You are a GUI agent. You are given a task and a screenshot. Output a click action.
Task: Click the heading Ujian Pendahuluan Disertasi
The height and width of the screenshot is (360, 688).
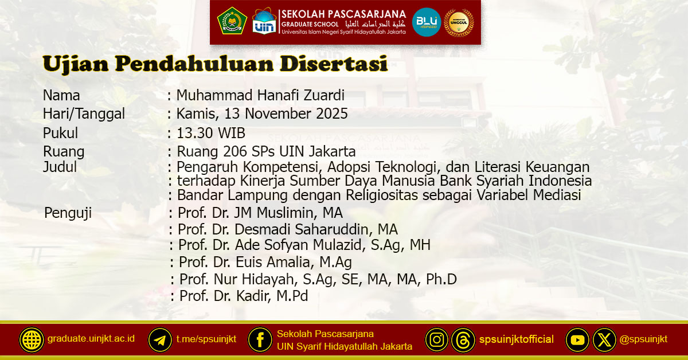215,64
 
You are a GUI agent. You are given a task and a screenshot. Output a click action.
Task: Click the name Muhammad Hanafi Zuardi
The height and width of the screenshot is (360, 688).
261,96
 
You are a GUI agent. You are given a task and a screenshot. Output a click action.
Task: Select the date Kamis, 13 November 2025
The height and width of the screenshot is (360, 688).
262,114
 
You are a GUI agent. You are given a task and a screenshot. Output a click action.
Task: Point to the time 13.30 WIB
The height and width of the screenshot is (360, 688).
211,133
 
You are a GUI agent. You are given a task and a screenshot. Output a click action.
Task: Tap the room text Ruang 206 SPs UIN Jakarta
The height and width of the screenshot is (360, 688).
266,152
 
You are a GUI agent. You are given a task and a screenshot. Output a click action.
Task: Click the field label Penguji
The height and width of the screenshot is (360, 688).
68,213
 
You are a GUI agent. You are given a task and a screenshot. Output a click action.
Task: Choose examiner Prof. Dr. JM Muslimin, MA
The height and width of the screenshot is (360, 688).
260,213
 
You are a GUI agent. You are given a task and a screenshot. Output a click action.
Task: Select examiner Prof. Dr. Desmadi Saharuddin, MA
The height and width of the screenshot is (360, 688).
288,230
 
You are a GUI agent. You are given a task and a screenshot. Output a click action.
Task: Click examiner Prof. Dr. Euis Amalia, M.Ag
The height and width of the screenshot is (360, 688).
265,263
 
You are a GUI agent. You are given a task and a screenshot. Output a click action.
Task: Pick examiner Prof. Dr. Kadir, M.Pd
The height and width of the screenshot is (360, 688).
244,296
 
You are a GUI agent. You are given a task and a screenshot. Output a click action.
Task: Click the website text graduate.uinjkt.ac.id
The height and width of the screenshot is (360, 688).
91,338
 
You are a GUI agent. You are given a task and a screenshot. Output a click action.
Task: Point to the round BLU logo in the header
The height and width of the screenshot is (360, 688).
427,22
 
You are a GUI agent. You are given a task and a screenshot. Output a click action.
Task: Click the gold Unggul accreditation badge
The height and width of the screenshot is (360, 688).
459,22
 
